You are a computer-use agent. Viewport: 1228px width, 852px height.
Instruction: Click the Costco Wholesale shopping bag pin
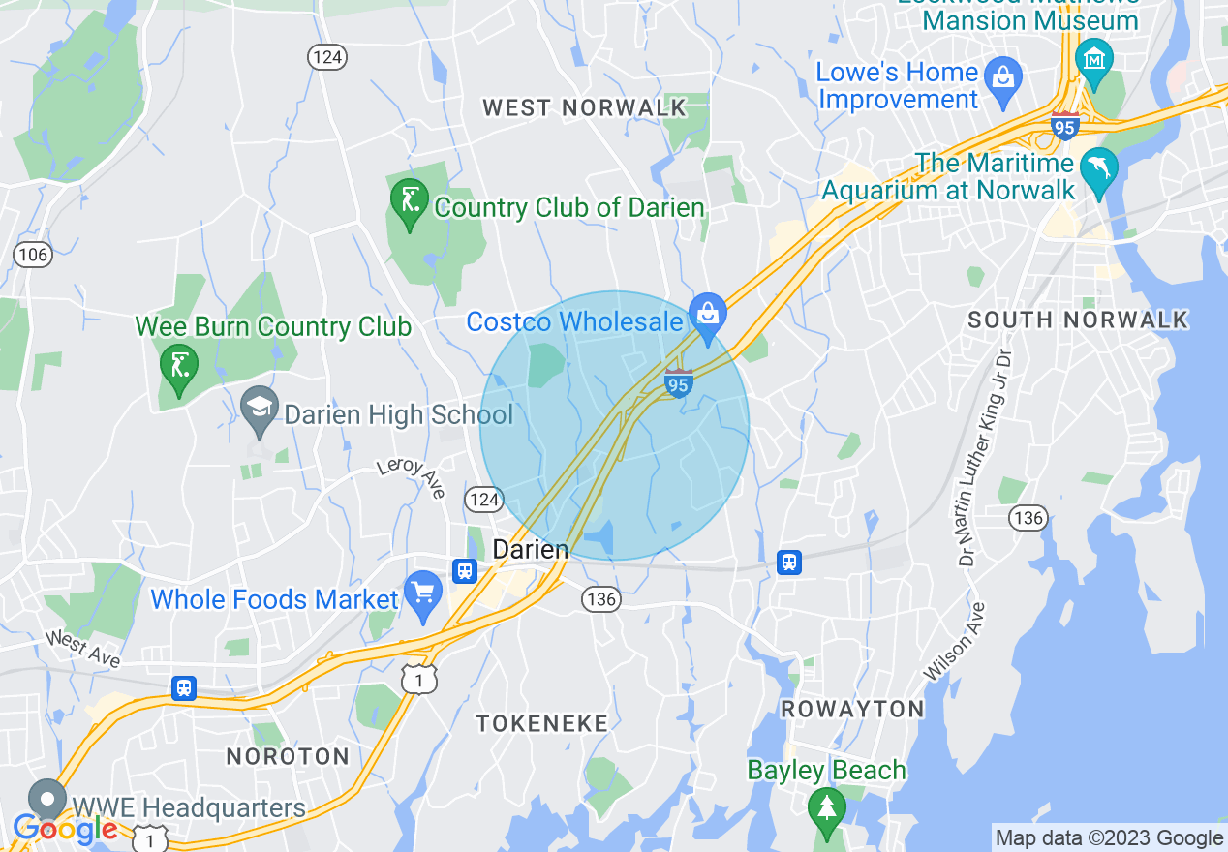pos(708,314)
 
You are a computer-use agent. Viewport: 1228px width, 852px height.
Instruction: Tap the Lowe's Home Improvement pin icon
pos(1002,74)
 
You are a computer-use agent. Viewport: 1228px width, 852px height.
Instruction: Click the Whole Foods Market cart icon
pos(422,591)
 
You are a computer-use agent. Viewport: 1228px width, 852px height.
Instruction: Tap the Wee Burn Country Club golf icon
pos(179,365)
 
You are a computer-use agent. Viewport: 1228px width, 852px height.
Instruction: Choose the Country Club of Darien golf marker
pos(409,200)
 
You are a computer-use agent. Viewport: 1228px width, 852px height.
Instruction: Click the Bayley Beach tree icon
pos(826,806)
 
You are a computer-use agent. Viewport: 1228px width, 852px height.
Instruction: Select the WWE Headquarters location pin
pos(46,800)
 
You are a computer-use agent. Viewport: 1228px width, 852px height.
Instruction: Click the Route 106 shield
pos(32,256)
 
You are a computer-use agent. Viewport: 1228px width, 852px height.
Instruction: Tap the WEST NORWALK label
pos(585,107)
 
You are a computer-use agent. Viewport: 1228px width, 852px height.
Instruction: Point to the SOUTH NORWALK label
pos(1078,319)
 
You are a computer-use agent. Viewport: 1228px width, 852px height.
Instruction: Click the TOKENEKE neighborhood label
pos(541,722)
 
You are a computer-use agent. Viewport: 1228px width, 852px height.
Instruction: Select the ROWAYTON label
pos(852,709)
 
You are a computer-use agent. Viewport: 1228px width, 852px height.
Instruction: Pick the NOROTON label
pos(287,756)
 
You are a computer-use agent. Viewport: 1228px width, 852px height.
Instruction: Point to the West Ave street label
pos(82,649)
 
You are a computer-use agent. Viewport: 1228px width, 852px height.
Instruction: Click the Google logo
pos(65,829)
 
